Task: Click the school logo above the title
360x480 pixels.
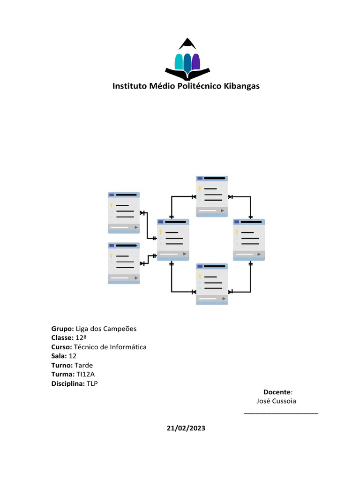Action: coord(187,59)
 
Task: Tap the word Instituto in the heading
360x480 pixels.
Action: coord(129,86)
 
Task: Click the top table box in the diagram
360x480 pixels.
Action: coord(212,196)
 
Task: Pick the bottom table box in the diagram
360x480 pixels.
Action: coord(212,284)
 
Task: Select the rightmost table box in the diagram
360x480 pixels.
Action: coord(249,240)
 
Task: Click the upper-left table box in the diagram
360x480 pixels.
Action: coord(124,212)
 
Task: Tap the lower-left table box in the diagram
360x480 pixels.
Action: coord(124,263)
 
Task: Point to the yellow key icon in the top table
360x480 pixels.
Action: coord(200,189)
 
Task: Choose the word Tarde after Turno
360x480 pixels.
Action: coord(83,365)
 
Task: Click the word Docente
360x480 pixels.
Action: coord(277,392)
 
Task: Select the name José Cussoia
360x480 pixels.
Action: coord(277,401)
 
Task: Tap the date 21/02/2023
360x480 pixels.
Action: coord(186,428)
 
